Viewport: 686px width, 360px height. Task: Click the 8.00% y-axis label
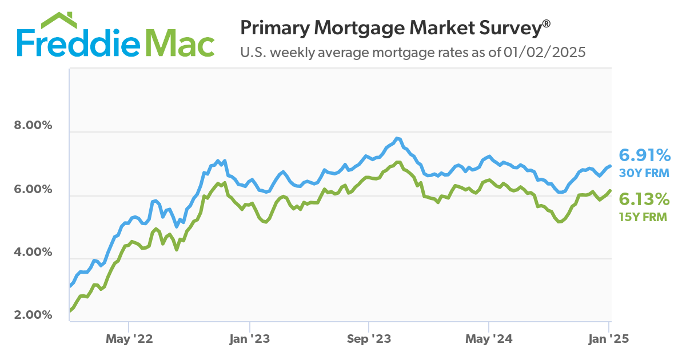tap(33, 126)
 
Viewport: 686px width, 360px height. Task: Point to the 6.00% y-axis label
tap(33, 189)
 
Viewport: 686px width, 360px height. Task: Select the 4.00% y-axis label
tap(33, 252)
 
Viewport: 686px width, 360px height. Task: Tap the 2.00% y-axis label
tap(33, 315)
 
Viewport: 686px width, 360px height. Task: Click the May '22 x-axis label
tap(129, 339)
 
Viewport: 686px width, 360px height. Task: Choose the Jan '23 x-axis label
tap(249, 339)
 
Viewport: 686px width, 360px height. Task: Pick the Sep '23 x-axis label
tap(369, 339)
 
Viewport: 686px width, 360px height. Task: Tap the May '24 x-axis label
tap(489, 339)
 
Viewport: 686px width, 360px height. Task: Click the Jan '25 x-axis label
tap(609, 339)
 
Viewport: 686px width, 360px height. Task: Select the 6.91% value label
tap(644, 155)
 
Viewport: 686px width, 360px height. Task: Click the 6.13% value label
tap(644, 199)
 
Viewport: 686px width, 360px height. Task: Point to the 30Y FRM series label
tap(644, 173)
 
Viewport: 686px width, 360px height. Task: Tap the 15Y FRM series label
tap(644, 217)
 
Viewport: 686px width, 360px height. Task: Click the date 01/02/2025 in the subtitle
tap(545, 53)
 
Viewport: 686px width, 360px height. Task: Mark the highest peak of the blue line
tap(398, 138)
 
